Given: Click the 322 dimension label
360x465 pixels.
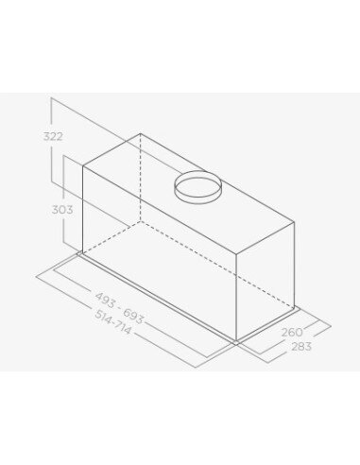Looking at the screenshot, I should (54, 136).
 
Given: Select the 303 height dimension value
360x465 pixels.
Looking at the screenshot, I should (63, 209).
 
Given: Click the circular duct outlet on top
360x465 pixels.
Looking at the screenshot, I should (197, 185).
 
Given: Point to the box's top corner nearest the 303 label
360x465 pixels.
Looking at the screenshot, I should (83, 166).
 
